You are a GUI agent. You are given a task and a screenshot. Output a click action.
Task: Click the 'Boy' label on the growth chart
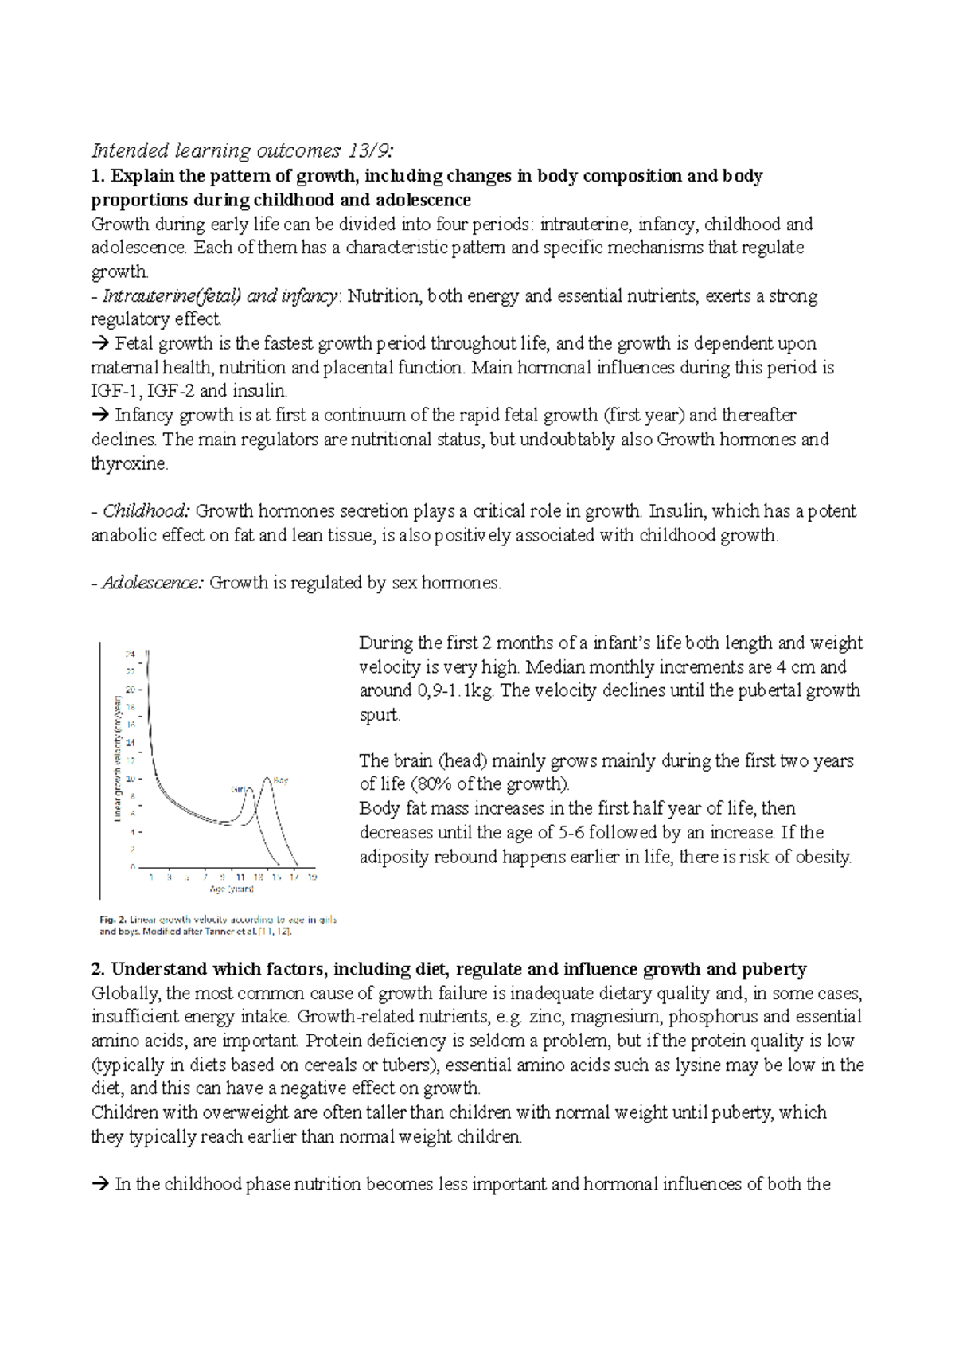tap(280, 780)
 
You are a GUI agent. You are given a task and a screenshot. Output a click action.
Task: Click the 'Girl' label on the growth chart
tap(239, 789)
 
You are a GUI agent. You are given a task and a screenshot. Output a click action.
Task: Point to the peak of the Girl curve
tap(249, 787)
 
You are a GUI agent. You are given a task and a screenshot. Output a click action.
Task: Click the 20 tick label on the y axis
tap(131, 690)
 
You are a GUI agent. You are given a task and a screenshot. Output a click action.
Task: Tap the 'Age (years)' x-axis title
tap(231, 889)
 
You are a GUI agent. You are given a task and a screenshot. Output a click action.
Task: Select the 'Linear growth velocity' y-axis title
tap(116, 758)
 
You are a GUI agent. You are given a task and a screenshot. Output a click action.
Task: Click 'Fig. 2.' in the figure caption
tap(113, 919)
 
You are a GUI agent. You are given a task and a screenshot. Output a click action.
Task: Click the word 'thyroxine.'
tap(130, 463)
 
